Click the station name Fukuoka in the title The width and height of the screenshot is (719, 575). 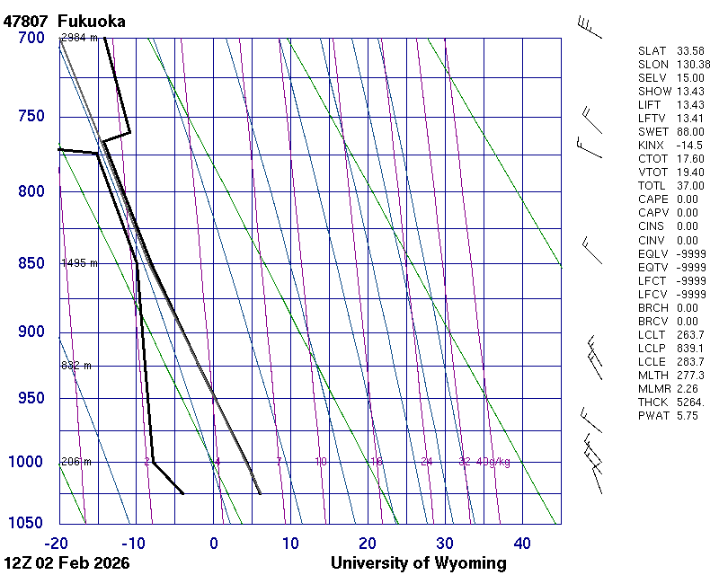(x=91, y=20)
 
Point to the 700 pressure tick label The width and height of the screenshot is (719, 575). (x=31, y=38)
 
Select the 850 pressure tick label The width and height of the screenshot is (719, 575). (x=31, y=263)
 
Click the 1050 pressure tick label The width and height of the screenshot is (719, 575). (x=27, y=524)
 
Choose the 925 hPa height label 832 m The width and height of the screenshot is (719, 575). (x=76, y=366)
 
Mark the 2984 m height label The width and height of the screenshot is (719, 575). (x=79, y=38)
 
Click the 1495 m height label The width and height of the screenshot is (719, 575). (x=79, y=263)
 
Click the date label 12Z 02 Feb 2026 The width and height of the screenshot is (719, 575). (x=67, y=563)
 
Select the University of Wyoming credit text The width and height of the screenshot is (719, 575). (x=418, y=563)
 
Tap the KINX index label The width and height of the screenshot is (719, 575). (x=651, y=145)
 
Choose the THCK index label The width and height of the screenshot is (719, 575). (x=651, y=402)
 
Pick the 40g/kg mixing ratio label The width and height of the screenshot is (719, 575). (x=493, y=462)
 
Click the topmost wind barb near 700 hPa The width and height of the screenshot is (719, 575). (x=589, y=27)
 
